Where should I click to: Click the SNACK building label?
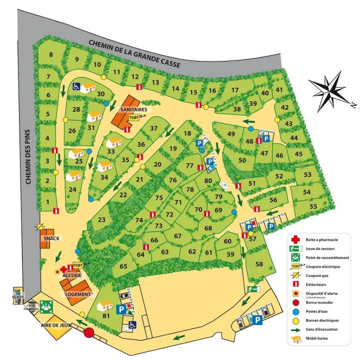pyautogui.click(x=51, y=238)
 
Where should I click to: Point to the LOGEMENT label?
pyautogui.click(x=78, y=294)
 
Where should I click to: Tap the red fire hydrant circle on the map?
pyautogui.click(x=89, y=333)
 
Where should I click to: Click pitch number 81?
pyautogui.click(x=106, y=315)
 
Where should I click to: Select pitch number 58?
pyautogui.click(x=259, y=264)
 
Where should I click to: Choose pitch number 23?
pyautogui.click(x=102, y=220)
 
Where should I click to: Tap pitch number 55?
pyautogui.click(x=313, y=206)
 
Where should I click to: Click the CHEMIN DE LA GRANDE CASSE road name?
pyautogui.click(x=134, y=54)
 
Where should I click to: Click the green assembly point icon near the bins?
pyautogui.click(x=47, y=306)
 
